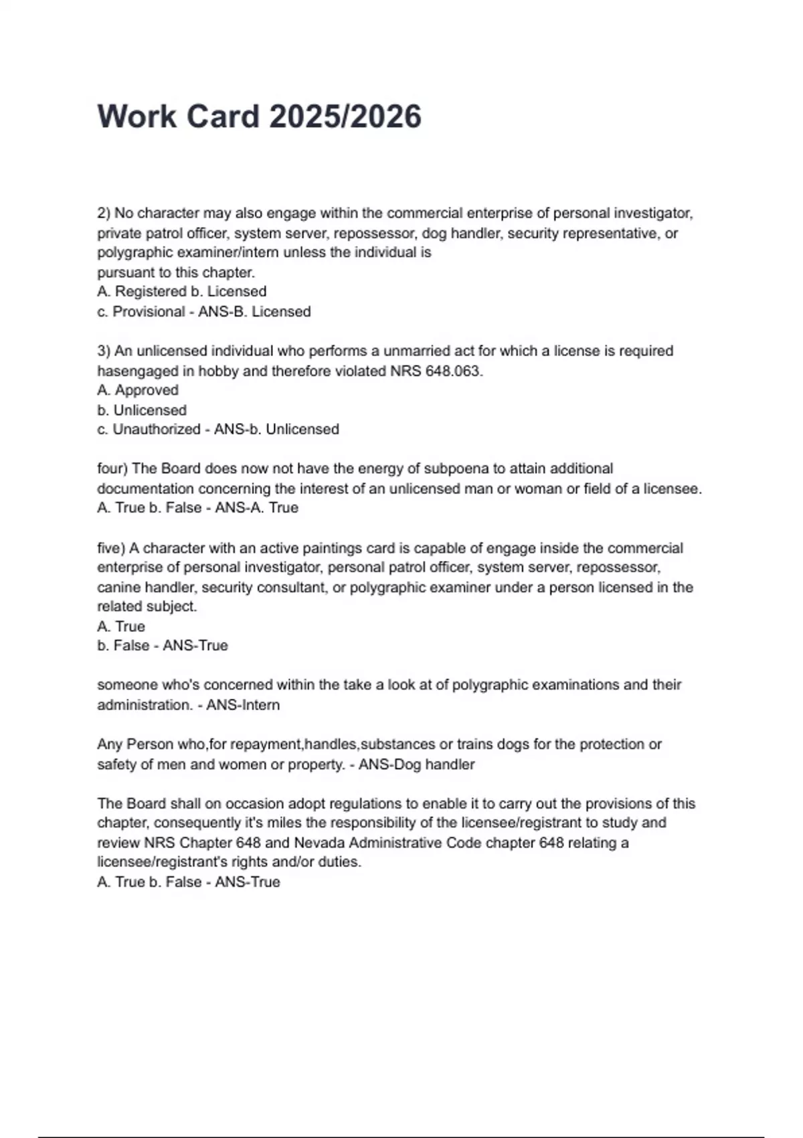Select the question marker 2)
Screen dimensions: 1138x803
pos(104,214)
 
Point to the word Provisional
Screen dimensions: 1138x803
pos(149,312)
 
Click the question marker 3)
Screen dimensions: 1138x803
pos(104,351)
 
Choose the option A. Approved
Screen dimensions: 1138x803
pos(138,390)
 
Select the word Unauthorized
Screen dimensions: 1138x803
pos(156,430)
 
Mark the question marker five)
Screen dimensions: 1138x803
pos(111,548)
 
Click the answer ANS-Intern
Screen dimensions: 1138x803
pos(243,705)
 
